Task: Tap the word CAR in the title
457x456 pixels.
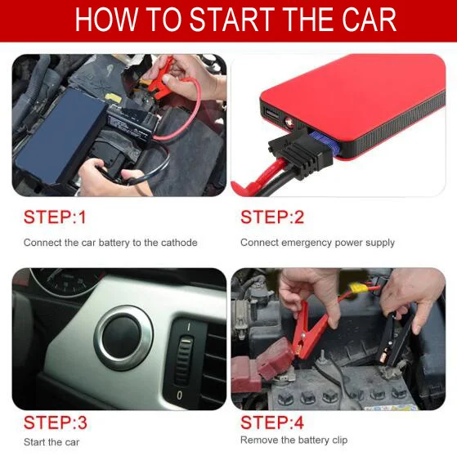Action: coord(369,20)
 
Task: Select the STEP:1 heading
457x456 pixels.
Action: coord(55,217)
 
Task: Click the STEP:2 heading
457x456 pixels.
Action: coord(272,217)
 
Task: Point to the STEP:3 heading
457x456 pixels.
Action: coord(56,422)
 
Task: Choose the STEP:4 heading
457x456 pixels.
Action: coord(272,422)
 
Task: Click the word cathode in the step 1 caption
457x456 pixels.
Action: coord(179,243)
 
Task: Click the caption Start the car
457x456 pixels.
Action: coord(52,442)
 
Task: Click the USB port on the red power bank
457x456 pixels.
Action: coord(271,114)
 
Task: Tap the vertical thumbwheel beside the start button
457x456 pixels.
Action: coord(184,360)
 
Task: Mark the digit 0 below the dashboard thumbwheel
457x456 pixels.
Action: coord(180,395)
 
